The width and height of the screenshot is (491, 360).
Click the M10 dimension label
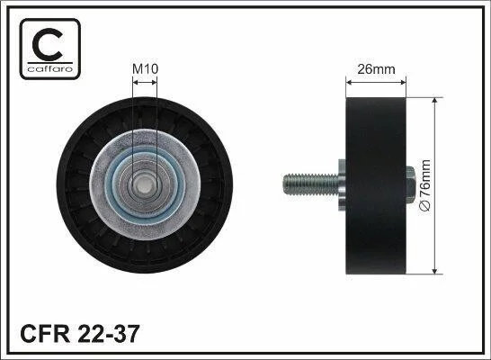pos(146,69)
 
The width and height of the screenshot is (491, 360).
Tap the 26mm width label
pos(376,69)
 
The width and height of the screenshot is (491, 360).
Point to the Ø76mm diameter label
pos(425,185)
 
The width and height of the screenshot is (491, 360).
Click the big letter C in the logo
pos(48,45)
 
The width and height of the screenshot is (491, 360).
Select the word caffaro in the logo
pos(50,68)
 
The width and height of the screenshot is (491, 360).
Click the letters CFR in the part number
pos(45,334)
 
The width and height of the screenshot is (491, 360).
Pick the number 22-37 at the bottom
pos(107,334)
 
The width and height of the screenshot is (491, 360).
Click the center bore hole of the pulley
pos(145,184)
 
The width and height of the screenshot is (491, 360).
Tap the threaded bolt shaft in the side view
pos(310,184)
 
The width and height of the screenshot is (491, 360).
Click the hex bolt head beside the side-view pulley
pos(411,184)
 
